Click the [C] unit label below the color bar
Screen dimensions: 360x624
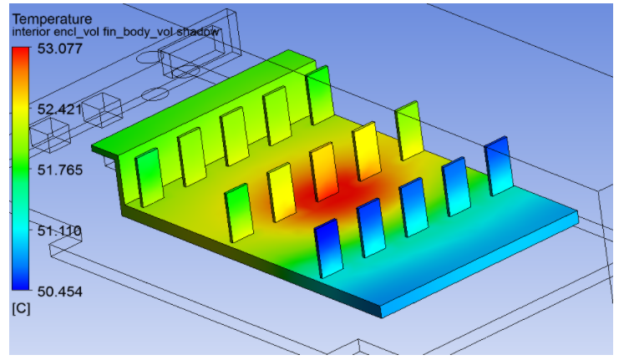pyautogui.click(x=20, y=309)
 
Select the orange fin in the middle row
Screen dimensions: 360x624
pyautogui.click(x=324, y=172)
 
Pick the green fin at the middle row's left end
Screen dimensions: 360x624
pyautogui.click(x=239, y=213)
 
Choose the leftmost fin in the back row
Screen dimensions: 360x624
pyautogui.click(x=148, y=177)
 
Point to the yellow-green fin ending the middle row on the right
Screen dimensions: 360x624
pyautogui.click(x=408, y=129)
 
